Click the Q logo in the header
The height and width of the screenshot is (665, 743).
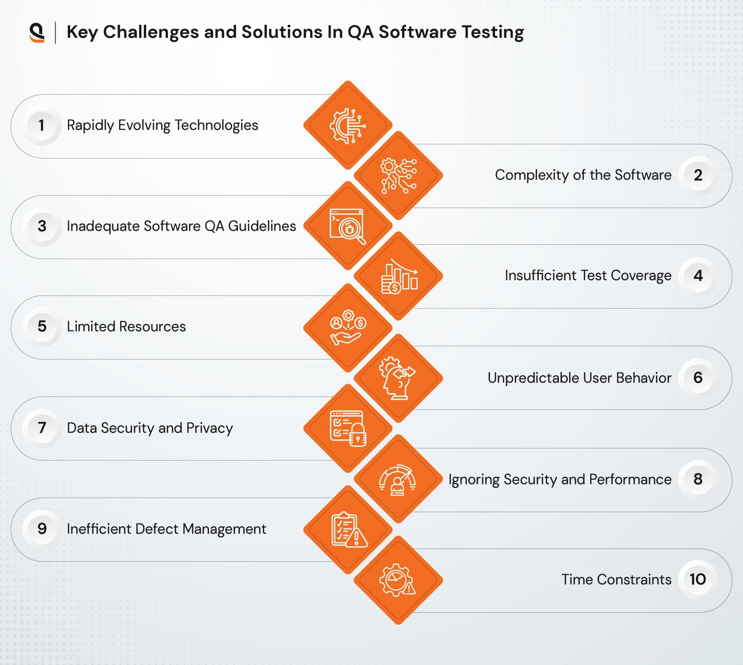[x=37, y=32]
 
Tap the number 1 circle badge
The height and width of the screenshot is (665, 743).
[x=41, y=125]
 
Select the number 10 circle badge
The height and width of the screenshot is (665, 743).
[x=697, y=579]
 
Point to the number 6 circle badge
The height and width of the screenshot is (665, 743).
[x=697, y=378]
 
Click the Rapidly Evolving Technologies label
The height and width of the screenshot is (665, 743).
[x=162, y=125]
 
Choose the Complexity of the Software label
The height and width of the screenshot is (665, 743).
[x=583, y=175]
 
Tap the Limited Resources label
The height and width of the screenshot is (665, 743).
[x=126, y=327]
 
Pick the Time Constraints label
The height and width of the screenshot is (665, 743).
[x=616, y=580]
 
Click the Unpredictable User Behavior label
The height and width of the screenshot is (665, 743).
[x=579, y=378]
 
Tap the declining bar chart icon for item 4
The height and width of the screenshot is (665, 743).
[x=399, y=276]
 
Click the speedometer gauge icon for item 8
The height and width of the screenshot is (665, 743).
[x=397, y=480]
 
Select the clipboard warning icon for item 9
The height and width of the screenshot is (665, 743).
[x=349, y=530]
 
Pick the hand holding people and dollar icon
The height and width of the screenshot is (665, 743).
[x=348, y=327]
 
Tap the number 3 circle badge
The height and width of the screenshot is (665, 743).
[x=42, y=226]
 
